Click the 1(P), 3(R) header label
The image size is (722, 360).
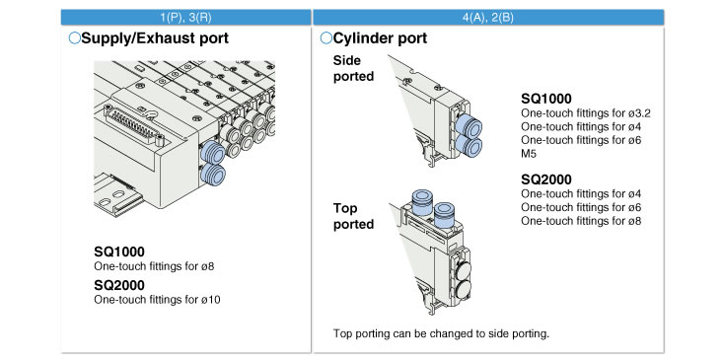tap(186, 18)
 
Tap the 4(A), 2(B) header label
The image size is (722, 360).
tap(488, 18)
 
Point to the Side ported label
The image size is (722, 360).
tap(354, 68)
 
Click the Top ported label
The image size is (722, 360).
tap(354, 216)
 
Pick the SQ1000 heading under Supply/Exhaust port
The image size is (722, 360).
tap(119, 252)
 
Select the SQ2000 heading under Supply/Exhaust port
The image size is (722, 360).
tap(119, 285)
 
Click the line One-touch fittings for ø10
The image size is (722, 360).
tap(157, 300)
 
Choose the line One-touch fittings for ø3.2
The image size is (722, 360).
tap(586, 112)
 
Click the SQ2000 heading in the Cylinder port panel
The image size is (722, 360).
tap(546, 180)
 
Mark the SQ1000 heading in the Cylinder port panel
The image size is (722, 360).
tap(546, 99)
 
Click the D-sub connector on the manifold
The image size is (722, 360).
tap(133, 124)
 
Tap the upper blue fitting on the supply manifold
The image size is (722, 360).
tap(213, 152)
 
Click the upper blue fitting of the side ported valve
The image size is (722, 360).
tap(469, 125)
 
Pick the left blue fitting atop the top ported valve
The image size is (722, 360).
tap(422, 202)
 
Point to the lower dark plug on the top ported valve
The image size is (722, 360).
tap(463, 290)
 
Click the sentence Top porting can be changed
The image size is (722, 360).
tap(441, 333)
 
